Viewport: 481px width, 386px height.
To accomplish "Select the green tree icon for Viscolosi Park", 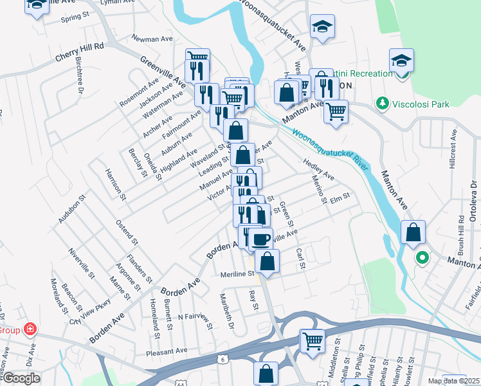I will coord(383,103).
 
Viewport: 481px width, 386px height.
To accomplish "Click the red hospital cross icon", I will coord(29,330).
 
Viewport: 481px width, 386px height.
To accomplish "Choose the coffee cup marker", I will coord(260,239).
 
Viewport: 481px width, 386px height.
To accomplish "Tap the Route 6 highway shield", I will coord(223,358).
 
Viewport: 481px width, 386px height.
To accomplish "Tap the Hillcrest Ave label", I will coord(453,149).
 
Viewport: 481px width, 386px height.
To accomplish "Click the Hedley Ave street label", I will coord(318,170).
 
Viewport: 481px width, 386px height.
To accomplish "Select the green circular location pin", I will coord(422,259).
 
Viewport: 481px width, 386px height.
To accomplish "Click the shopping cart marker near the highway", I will coord(313,340).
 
